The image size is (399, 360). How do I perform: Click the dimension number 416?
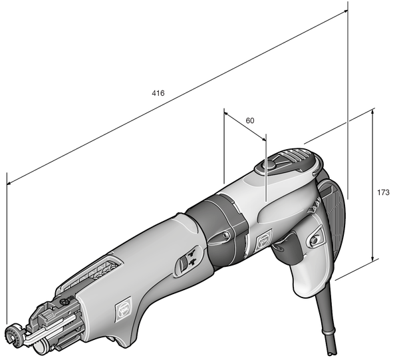(158, 92)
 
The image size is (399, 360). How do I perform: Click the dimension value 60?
(250, 120)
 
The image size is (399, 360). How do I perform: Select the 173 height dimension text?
(383, 192)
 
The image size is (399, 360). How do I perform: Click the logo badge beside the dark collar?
(263, 239)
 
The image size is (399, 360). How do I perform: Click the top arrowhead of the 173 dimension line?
(373, 112)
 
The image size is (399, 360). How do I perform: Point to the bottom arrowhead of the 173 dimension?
(373, 260)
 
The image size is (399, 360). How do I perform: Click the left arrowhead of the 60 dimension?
(227, 114)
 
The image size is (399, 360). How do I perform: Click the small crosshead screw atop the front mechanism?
(63, 303)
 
